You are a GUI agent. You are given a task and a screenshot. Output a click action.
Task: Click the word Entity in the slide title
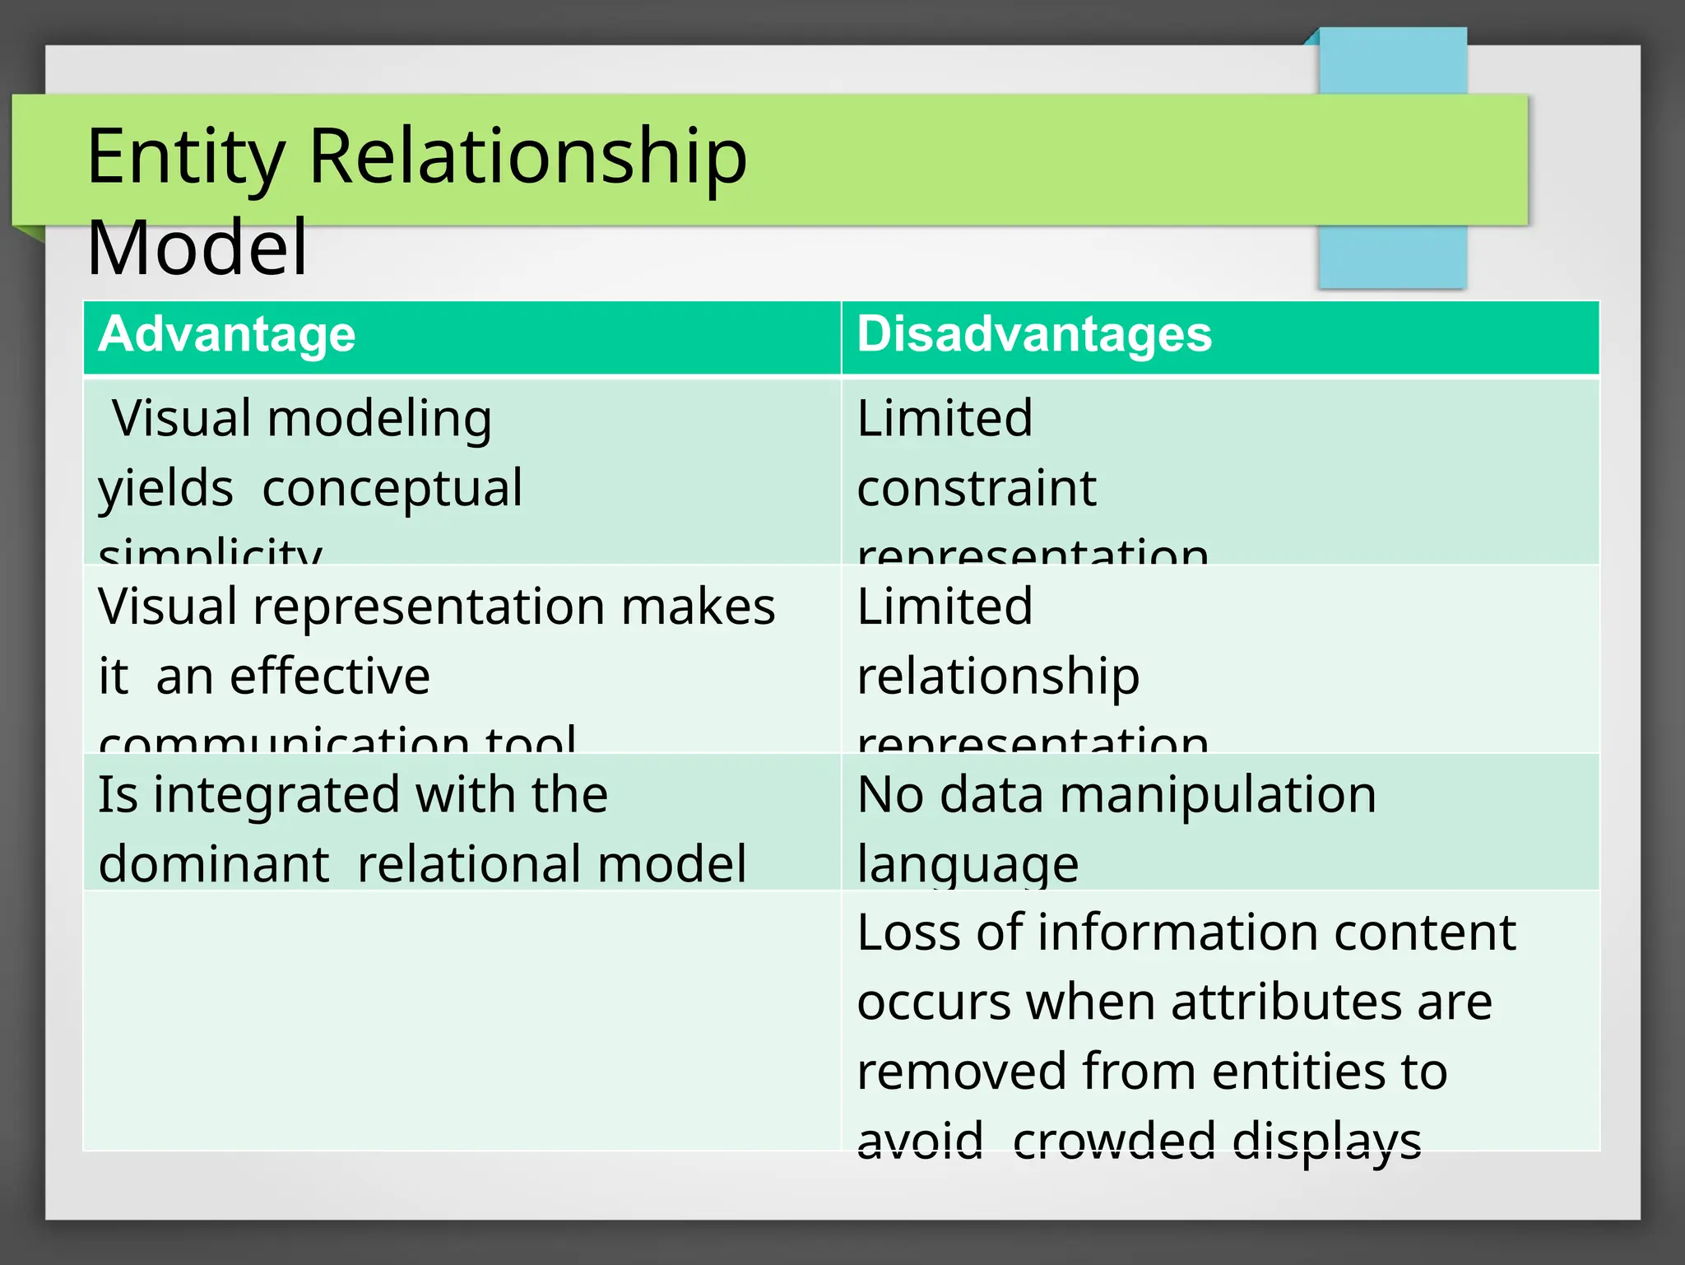(x=186, y=158)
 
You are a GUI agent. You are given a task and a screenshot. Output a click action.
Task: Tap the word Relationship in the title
(x=527, y=158)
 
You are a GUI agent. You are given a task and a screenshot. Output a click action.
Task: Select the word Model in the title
(x=197, y=248)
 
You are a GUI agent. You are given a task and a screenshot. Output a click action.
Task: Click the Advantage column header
(x=227, y=335)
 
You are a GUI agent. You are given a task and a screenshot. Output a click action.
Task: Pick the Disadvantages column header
(x=1034, y=335)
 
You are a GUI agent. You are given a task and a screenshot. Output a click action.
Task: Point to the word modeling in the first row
(x=379, y=420)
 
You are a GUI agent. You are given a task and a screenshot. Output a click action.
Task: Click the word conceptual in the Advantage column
(x=392, y=489)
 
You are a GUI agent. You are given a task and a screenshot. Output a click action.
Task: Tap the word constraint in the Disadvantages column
(x=977, y=489)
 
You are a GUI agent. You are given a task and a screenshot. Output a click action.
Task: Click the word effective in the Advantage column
(x=330, y=677)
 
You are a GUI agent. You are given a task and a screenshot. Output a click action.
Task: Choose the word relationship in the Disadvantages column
(x=998, y=678)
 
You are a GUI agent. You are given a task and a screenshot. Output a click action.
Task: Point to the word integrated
(x=276, y=797)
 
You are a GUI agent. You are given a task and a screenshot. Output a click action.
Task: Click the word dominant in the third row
(x=214, y=865)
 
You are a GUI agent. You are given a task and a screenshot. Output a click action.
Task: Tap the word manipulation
(x=1218, y=797)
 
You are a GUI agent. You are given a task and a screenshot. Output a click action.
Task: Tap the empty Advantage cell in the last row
(x=462, y=1021)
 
